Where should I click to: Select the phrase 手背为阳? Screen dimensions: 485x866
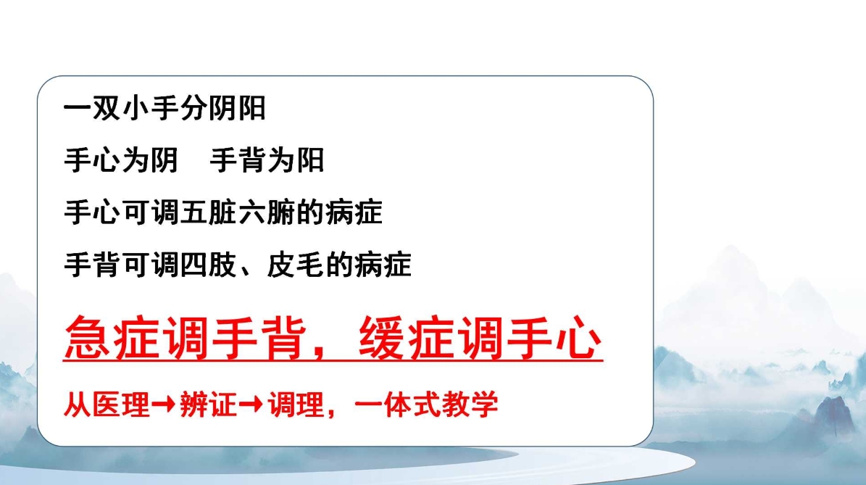click(x=267, y=160)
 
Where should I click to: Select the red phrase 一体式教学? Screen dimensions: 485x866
click(x=427, y=405)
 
